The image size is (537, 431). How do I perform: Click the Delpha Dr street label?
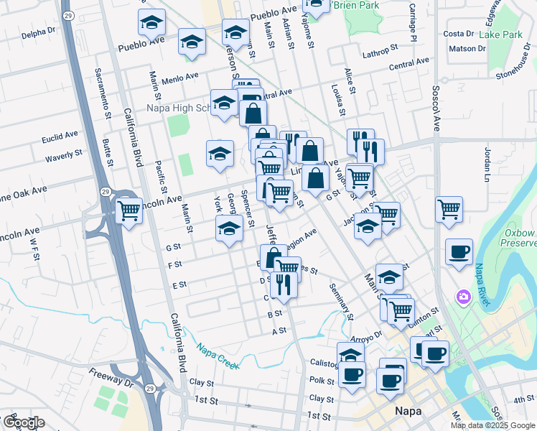pos(39,32)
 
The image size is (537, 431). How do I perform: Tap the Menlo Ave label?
pos(179,78)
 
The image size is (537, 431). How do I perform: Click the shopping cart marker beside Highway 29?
pos(129,211)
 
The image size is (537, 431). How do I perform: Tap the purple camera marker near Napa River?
pos(463,297)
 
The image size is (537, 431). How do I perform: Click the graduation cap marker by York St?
pos(229,229)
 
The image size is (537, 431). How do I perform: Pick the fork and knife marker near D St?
pos(286,285)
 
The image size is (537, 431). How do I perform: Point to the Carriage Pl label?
pos(414,23)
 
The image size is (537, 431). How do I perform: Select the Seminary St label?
pos(341,301)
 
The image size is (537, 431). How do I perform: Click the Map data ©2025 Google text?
pos(492,425)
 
